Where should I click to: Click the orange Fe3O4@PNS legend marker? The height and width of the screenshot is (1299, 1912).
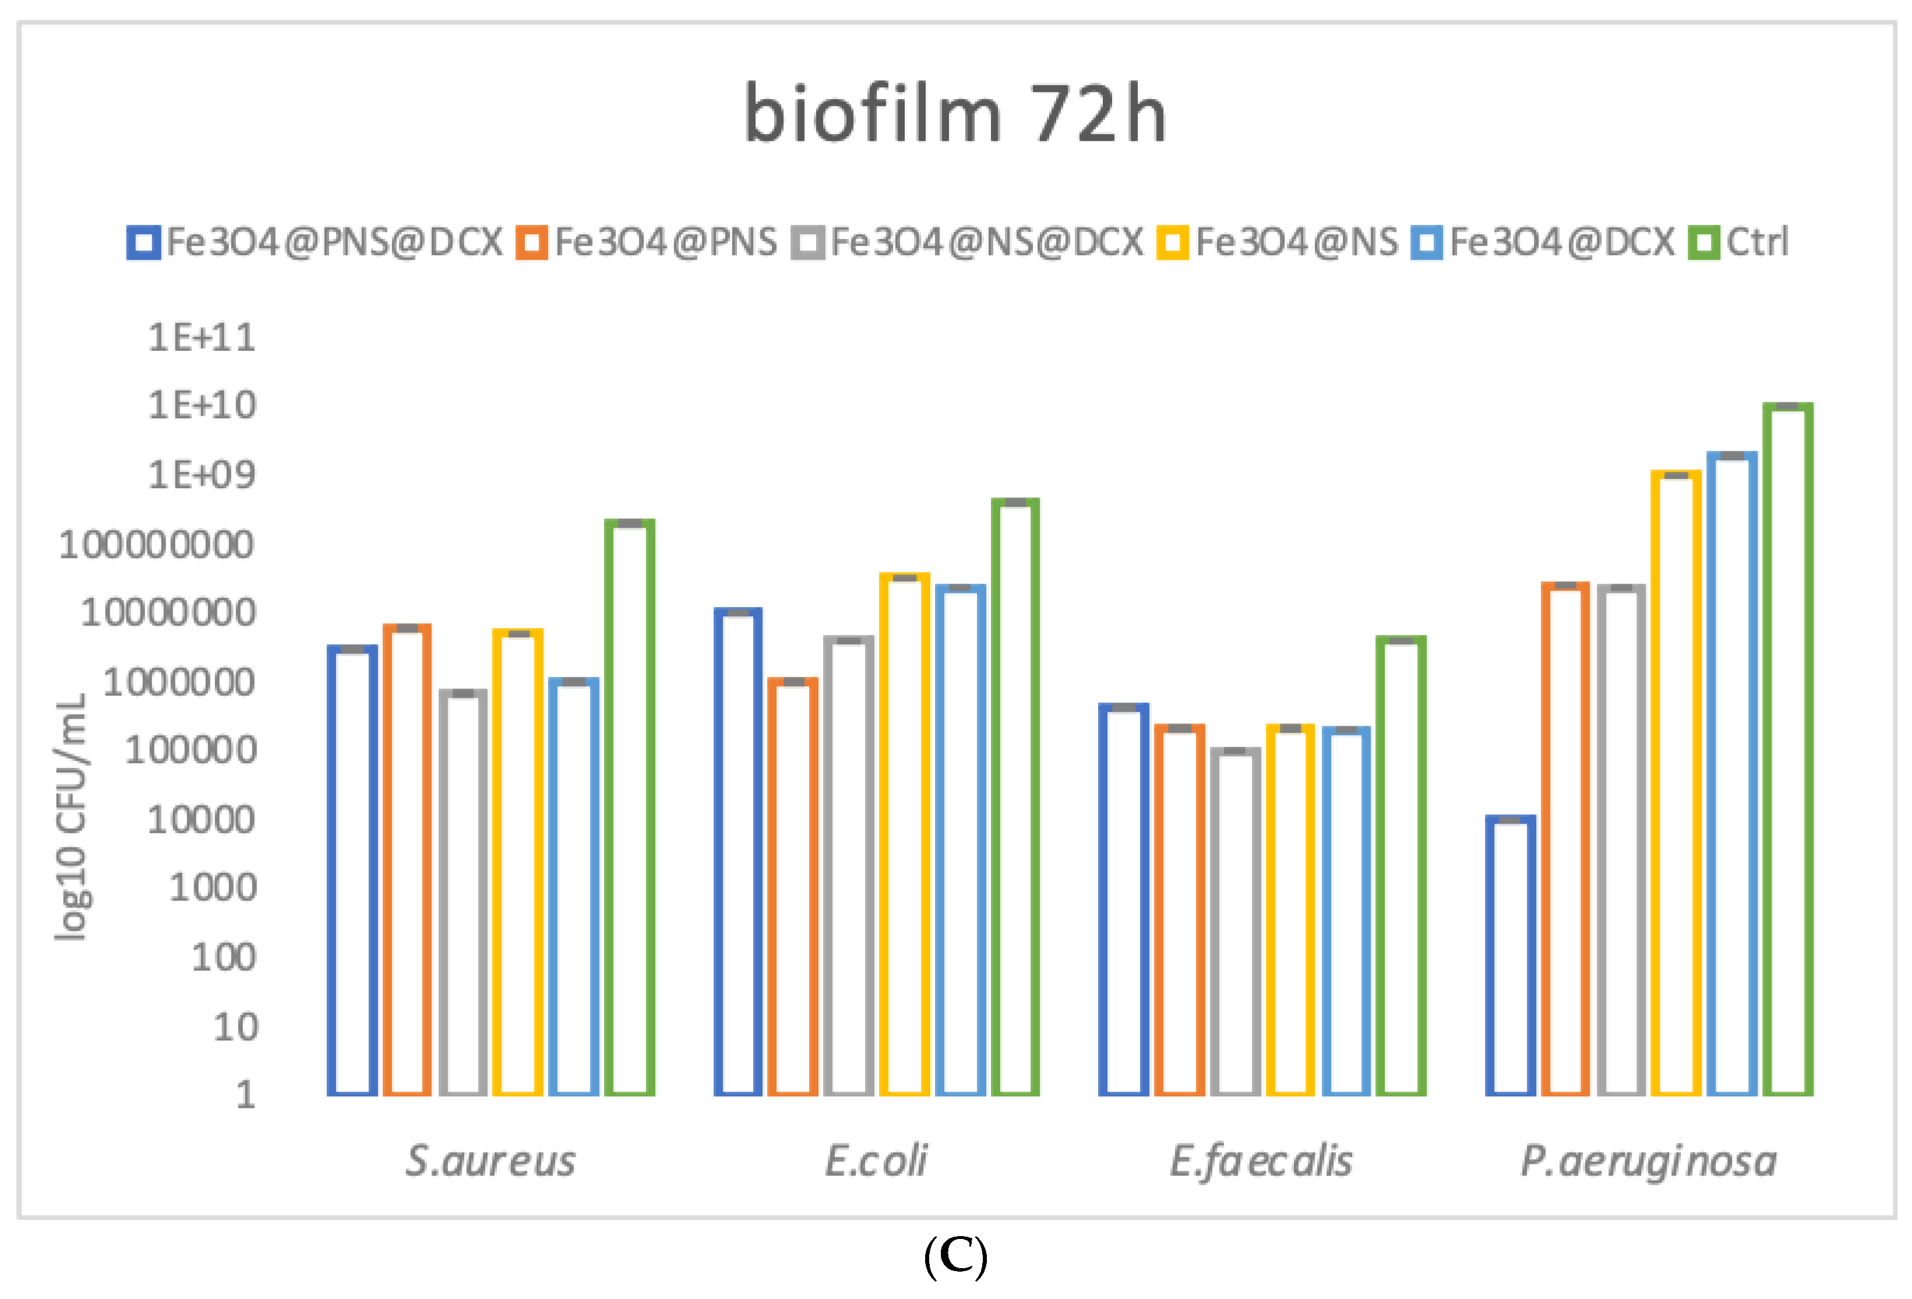coord(531,243)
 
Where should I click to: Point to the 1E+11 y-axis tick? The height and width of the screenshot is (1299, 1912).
coord(202,337)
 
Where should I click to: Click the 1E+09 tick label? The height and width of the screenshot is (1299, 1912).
coord(202,475)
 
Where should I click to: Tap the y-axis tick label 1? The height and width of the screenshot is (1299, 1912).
coord(245,1095)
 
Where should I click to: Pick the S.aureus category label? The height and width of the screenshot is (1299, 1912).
coord(491,1161)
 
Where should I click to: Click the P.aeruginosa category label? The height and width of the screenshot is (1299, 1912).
coord(1648,1161)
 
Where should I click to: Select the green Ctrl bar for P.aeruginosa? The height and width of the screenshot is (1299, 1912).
coord(1788,749)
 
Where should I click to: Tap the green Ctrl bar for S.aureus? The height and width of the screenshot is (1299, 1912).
coord(629,806)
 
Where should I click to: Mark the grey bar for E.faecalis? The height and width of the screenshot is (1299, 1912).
coord(1235,922)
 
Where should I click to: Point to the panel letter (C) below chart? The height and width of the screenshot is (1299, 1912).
coord(955,1256)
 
